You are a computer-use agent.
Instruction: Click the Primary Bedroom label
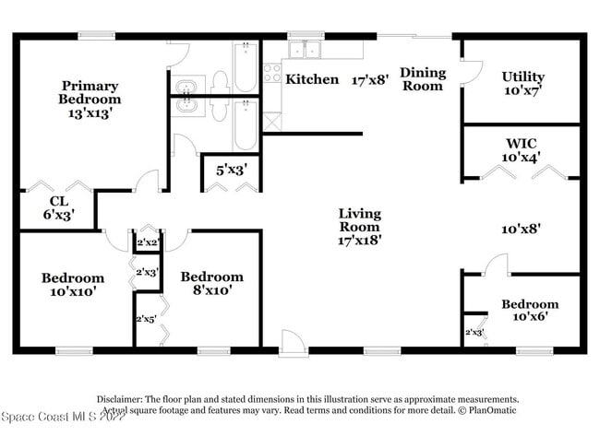tap(90, 91)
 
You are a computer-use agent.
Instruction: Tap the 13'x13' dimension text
tap(90, 114)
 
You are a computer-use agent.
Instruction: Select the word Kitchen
tap(312, 79)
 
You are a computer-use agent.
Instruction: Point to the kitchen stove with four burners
tap(271, 72)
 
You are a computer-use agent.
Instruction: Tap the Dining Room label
tap(423, 79)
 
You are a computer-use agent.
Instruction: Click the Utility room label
tap(522, 77)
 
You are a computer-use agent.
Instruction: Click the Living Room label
tap(360, 220)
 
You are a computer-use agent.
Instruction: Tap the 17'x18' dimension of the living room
tap(360, 240)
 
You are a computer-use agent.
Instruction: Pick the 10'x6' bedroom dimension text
tap(530, 319)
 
